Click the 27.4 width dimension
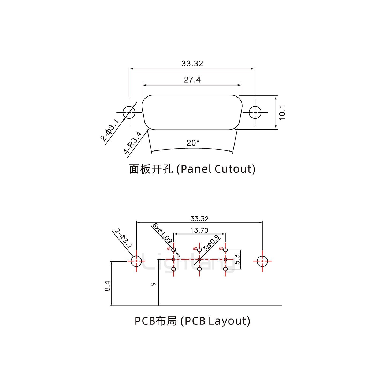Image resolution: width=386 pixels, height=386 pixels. tap(192, 80)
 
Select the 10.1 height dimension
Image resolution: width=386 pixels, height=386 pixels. tap(282, 113)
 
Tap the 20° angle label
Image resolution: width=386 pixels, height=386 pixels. tap(193, 143)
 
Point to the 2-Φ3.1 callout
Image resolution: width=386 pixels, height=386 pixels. tap(109, 130)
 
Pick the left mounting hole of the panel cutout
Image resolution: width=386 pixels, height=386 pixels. tap(129, 112)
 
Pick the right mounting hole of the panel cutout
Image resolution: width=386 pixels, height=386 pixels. tap(255, 112)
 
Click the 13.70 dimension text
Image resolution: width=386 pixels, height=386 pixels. tap(199, 230)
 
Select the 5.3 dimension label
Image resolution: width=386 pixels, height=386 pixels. tap(237, 259)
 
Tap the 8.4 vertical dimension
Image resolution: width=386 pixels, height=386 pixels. tap(107, 286)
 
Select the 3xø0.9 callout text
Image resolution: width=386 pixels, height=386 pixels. tap(211, 243)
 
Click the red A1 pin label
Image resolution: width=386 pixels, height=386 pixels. tap(169, 249)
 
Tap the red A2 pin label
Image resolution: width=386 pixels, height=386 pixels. tap(195, 248)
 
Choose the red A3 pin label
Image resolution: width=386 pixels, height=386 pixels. tap(221, 248)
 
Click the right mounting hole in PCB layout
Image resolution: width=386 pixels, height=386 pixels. tap(262, 261)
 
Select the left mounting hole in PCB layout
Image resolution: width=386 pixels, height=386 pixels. tap(136, 261)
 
